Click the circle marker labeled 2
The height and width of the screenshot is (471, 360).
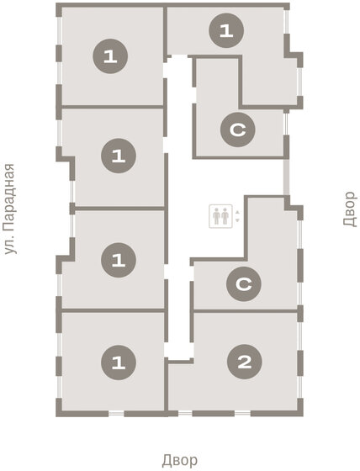pos(245,363)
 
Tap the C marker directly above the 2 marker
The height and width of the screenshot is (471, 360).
pos(243,285)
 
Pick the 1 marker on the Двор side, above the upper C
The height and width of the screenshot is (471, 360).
pos(225,31)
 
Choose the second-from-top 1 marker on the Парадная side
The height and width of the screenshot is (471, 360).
pos(117,156)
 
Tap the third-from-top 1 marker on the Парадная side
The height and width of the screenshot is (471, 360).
pos(118,259)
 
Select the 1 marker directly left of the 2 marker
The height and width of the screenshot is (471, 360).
pos(118,363)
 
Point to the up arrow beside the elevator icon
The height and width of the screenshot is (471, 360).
pos(238,210)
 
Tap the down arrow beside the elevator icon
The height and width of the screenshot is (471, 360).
pos(238,220)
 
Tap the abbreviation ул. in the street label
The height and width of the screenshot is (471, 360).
pos(10,246)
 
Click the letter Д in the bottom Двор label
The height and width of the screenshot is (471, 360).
pos(167,460)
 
